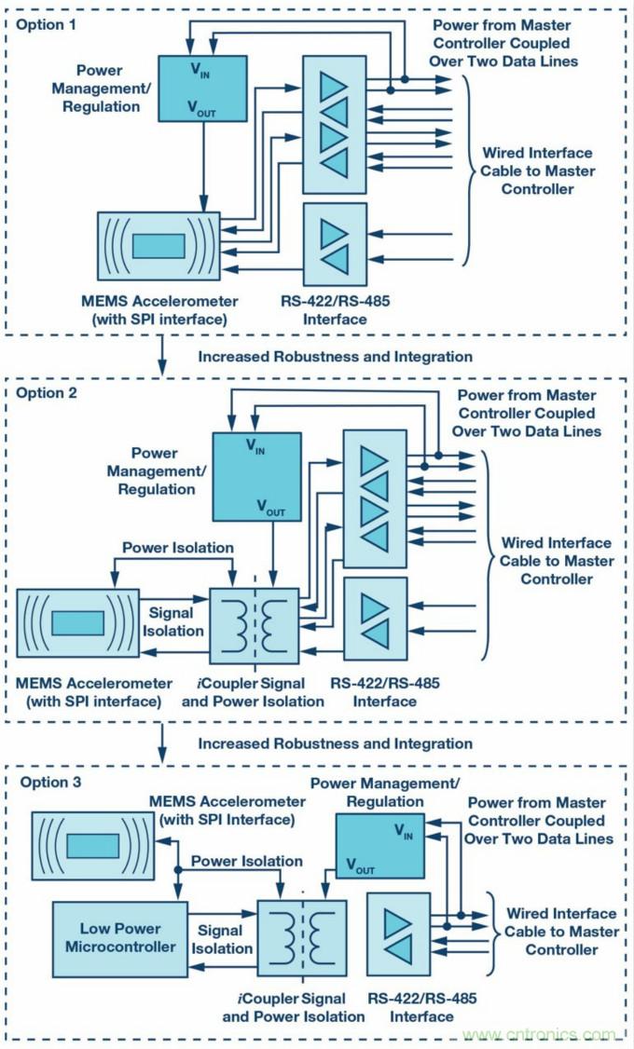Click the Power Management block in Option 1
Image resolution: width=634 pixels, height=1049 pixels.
click(202, 88)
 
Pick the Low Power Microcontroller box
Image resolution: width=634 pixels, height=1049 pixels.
click(119, 937)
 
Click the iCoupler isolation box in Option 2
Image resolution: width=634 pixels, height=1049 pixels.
click(255, 624)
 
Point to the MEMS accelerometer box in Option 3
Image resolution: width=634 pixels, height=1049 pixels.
click(92, 845)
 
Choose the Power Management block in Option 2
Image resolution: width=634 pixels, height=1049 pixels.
click(256, 477)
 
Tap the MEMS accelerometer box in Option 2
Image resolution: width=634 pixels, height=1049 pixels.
click(77, 624)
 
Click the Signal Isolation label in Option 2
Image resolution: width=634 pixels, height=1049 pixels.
click(171, 621)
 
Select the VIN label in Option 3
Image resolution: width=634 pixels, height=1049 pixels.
click(404, 828)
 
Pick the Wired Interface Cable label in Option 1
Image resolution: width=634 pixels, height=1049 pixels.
click(536, 170)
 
